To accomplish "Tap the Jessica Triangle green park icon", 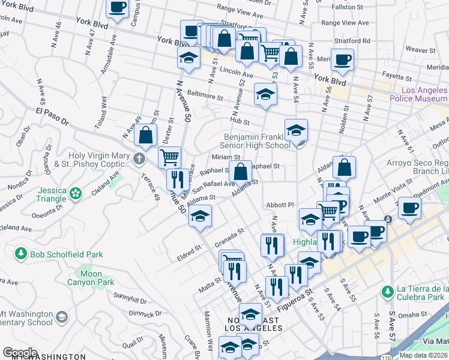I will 76,193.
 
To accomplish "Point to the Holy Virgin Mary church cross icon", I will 139,159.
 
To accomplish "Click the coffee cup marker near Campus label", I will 118,8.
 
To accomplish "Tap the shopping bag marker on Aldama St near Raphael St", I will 240,172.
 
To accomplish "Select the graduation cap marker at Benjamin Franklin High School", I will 296,130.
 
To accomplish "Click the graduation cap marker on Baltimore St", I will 265,94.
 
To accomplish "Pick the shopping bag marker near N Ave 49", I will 145,135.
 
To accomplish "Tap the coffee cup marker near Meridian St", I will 342,60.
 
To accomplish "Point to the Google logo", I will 20,353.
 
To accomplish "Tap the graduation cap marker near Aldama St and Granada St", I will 200,216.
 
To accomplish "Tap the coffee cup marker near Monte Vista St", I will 410,208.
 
